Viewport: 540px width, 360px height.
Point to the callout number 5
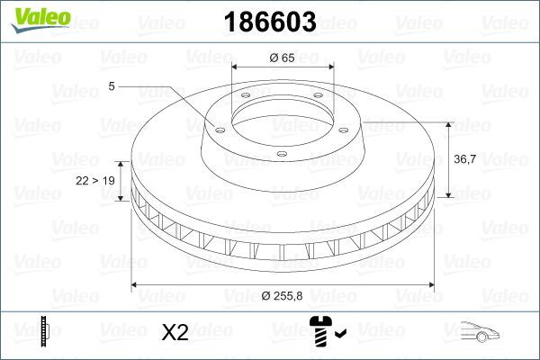(x=111, y=86)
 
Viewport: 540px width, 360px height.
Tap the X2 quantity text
(x=175, y=333)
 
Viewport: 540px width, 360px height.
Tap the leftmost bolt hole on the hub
(x=216, y=127)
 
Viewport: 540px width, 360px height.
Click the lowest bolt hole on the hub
(x=282, y=155)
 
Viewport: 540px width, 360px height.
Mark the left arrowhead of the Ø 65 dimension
(x=236, y=68)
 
